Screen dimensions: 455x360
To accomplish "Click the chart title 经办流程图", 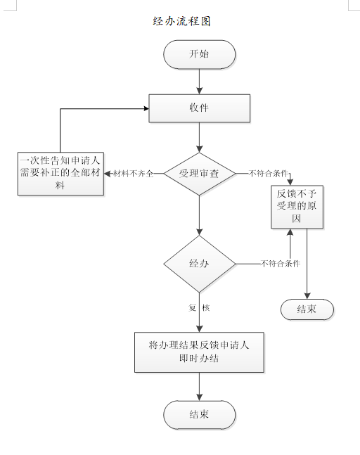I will click(x=181, y=21).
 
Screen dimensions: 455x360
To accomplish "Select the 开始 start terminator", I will click(x=199, y=54).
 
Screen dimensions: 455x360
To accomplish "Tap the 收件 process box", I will click(x=199, y=108).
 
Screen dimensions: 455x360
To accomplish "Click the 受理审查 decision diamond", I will click(x=199, y=173).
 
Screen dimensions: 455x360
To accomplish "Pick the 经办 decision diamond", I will click(x=199, y=264).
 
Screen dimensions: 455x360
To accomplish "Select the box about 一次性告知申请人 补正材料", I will click(x=60, y=173).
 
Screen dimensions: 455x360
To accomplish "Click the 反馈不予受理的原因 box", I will click(x=297, y=206).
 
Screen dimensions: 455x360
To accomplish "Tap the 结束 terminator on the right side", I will click(x=307, y=309).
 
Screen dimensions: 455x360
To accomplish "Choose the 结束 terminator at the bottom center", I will click(x=199, y=414).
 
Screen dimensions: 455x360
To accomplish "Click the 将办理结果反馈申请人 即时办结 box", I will click(x=199, y=352).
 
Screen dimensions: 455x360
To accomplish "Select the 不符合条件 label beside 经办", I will click(x=280, y=264).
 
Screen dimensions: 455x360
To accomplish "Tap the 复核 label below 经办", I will click(x=199, y=308).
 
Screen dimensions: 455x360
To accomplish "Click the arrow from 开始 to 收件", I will click(x=199, y=82).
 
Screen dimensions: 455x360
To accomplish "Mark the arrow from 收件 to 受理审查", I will click(x=199, y=138).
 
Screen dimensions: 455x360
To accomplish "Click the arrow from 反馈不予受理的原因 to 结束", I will click(x=307, y=264).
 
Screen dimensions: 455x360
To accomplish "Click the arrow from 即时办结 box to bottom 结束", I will click(x=199, y=387).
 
